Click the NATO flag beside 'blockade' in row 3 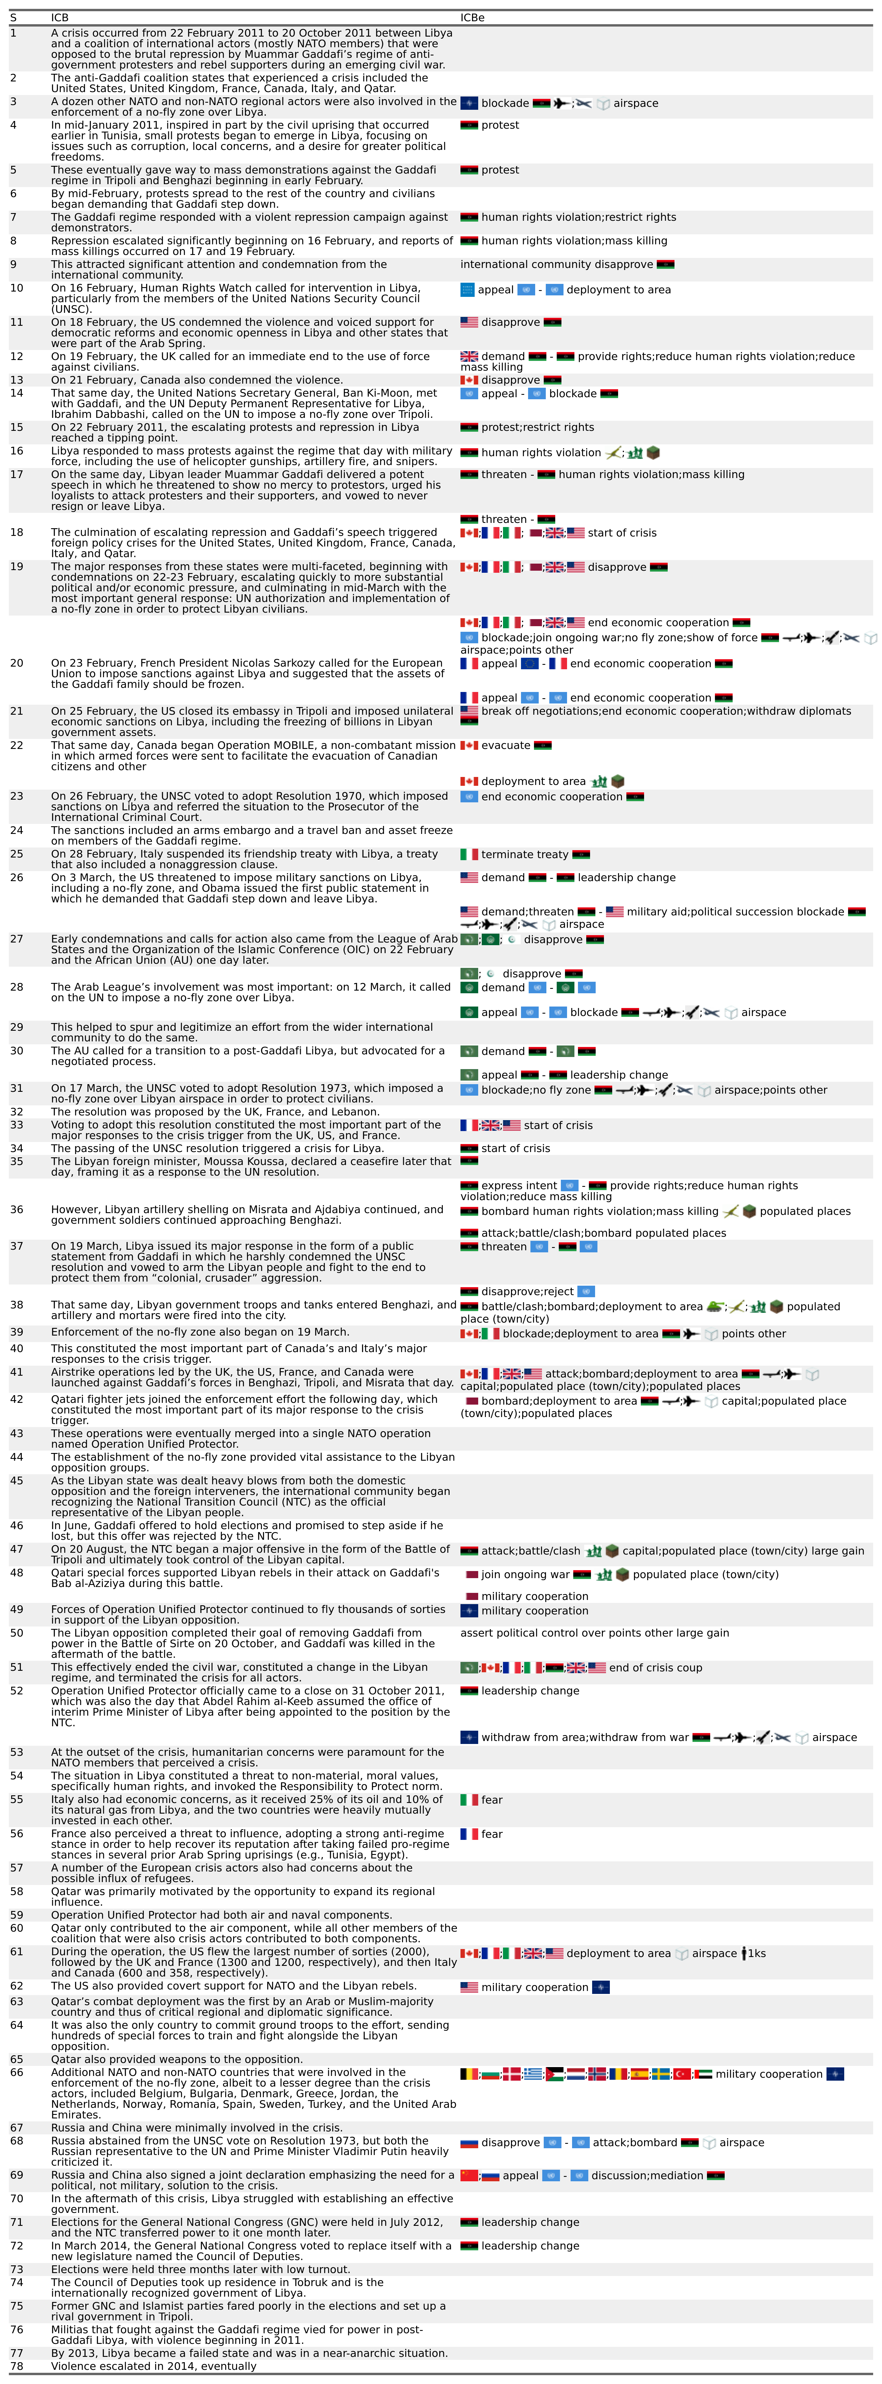[469, 104]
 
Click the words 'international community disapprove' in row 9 [556, 265]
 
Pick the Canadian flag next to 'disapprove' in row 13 [469, 380]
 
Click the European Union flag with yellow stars [529, 664]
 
